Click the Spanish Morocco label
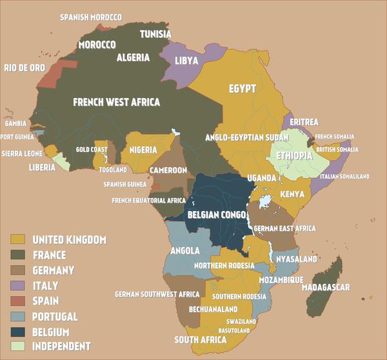point(91,17)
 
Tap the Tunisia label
point(156,34)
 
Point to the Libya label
point(186,61)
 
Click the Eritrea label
point(304,122)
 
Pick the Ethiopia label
point(294,156)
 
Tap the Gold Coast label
point(91,150)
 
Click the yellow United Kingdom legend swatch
point(17,240)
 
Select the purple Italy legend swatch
point(17,285)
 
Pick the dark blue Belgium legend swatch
point(17,331)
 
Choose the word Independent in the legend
point(62,346)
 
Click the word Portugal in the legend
point(55,316)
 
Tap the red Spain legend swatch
point(17,301)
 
